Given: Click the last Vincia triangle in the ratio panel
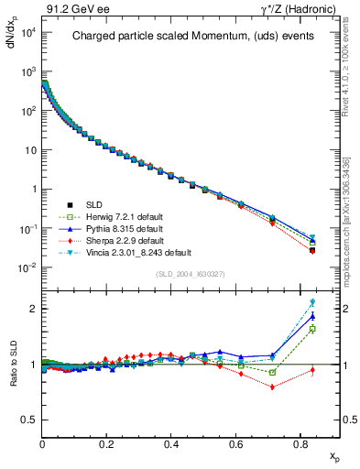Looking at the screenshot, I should click(312, 302).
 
